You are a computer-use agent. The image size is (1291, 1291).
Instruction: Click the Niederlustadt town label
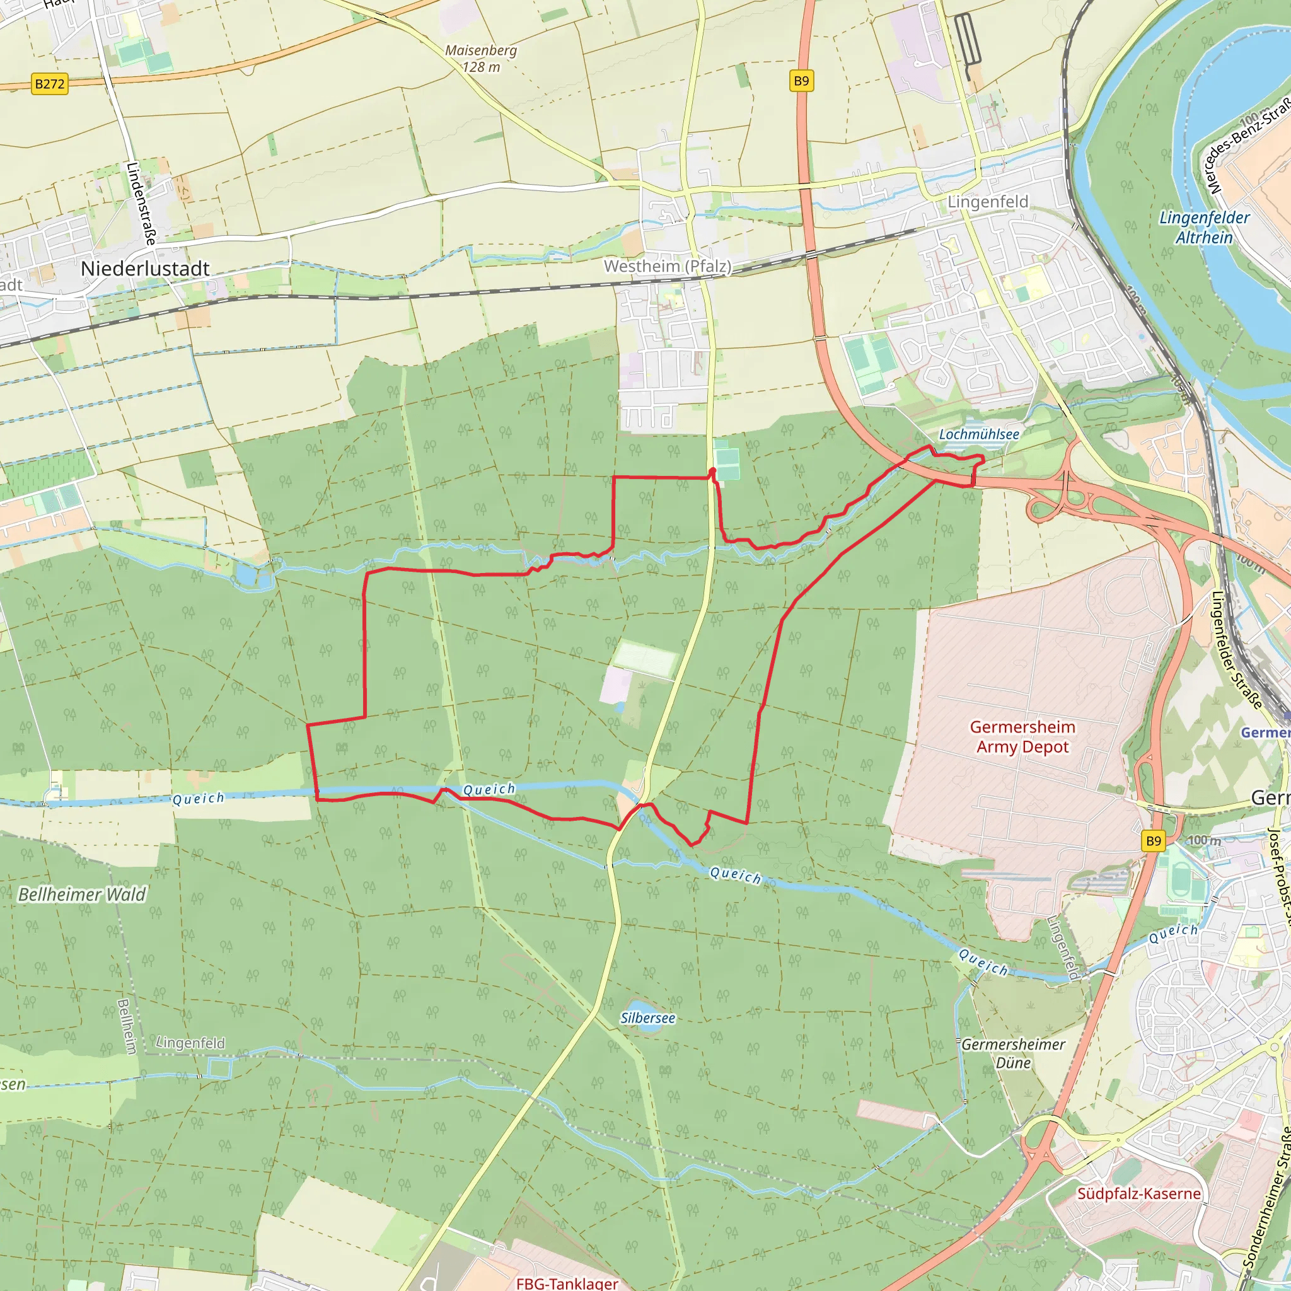145,269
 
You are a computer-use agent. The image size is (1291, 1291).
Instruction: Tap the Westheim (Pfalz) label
668,266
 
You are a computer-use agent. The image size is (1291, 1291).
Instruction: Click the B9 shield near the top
801,81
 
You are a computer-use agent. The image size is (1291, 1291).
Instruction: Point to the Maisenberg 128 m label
481,59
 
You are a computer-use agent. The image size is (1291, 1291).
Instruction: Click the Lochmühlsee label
979,434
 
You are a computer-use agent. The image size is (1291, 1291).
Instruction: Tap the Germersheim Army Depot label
1022,736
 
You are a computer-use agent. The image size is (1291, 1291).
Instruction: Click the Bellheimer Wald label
81,894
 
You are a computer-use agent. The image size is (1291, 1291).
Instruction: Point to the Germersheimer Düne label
1013,1054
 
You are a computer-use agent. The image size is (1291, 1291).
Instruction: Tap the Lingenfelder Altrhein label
1204,227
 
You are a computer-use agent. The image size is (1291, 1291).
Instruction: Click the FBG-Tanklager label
567,1283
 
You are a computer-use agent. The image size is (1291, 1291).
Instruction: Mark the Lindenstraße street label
141,203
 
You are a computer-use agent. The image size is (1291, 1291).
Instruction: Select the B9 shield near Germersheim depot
1154,841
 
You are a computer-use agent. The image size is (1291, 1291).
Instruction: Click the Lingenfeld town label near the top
988,202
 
